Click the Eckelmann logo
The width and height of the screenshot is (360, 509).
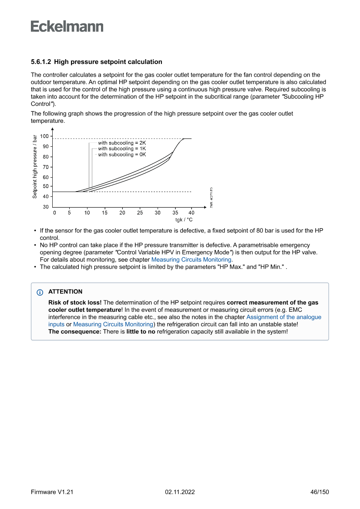point(67,26)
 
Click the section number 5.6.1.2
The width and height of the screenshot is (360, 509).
point(41,62)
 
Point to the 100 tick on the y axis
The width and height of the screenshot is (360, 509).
point(44,136)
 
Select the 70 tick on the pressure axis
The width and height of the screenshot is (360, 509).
point(46,167)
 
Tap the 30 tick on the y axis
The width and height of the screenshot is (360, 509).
point(46,207)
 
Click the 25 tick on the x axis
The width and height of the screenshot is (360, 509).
point(140,213)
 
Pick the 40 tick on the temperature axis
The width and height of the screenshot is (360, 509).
point(191,213)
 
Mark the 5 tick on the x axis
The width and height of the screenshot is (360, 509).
point(69,213)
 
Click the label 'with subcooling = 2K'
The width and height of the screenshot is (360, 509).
point(122,143)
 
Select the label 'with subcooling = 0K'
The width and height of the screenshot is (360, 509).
point(122,155)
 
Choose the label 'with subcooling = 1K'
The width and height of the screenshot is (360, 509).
point(122,148)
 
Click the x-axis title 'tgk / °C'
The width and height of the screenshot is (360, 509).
point(184,220)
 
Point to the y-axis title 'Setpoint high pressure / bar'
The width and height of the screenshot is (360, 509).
point(35,166)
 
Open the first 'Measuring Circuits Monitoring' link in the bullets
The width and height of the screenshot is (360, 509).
point(192,260)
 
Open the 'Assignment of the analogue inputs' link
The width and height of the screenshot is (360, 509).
point(284,317)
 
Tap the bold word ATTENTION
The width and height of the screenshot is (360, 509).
point(65,292)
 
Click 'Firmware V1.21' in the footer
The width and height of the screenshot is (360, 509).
point(52,492)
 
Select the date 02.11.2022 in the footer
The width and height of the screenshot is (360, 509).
point(180,492)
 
